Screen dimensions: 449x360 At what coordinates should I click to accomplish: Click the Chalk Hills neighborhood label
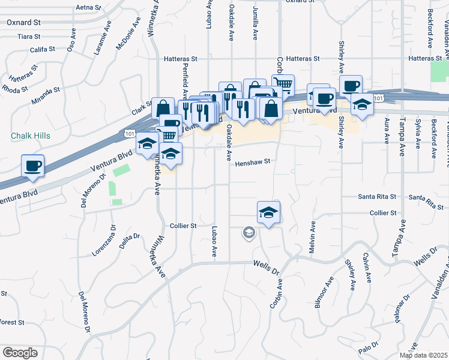[x=31, y=136]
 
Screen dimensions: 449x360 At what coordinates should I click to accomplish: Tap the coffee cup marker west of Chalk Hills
[x=32, y=166]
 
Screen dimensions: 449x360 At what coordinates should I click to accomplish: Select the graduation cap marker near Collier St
[x=269, y=212]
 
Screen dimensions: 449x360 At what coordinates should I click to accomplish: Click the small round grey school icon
[x=249, y=232]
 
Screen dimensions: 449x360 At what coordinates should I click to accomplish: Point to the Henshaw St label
[x=253, y=162]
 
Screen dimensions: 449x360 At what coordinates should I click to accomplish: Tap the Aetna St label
[x=89, y=8]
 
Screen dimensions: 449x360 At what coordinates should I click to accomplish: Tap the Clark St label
[x=142, y=110]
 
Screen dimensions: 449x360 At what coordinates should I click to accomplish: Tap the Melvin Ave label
[x=313, y=236]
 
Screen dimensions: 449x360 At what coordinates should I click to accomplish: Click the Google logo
[x=20, y=353]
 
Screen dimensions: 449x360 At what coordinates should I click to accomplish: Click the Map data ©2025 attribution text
[x=423, y=355]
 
